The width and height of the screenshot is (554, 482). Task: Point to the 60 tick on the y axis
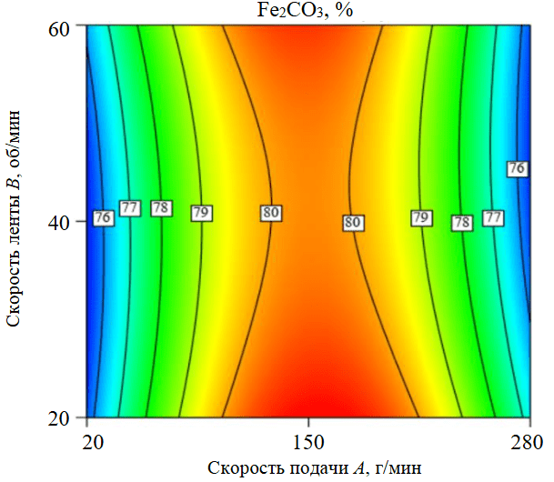[59, 27]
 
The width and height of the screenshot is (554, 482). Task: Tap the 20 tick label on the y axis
[59, 418]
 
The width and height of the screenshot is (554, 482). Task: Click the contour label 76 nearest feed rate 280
[517, 168]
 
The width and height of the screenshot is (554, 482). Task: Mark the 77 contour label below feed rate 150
[130, 208]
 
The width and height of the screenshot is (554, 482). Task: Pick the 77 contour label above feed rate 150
[493, 218]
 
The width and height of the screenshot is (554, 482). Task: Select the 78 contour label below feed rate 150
[162, 208]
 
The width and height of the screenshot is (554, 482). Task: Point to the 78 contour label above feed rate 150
[462, 222]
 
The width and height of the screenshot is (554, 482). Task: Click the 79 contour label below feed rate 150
[201, 213]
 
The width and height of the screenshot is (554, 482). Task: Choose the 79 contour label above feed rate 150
[420, 218]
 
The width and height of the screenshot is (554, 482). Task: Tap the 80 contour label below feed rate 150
[270, 213]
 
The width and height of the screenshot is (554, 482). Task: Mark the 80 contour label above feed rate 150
[353, 222]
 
